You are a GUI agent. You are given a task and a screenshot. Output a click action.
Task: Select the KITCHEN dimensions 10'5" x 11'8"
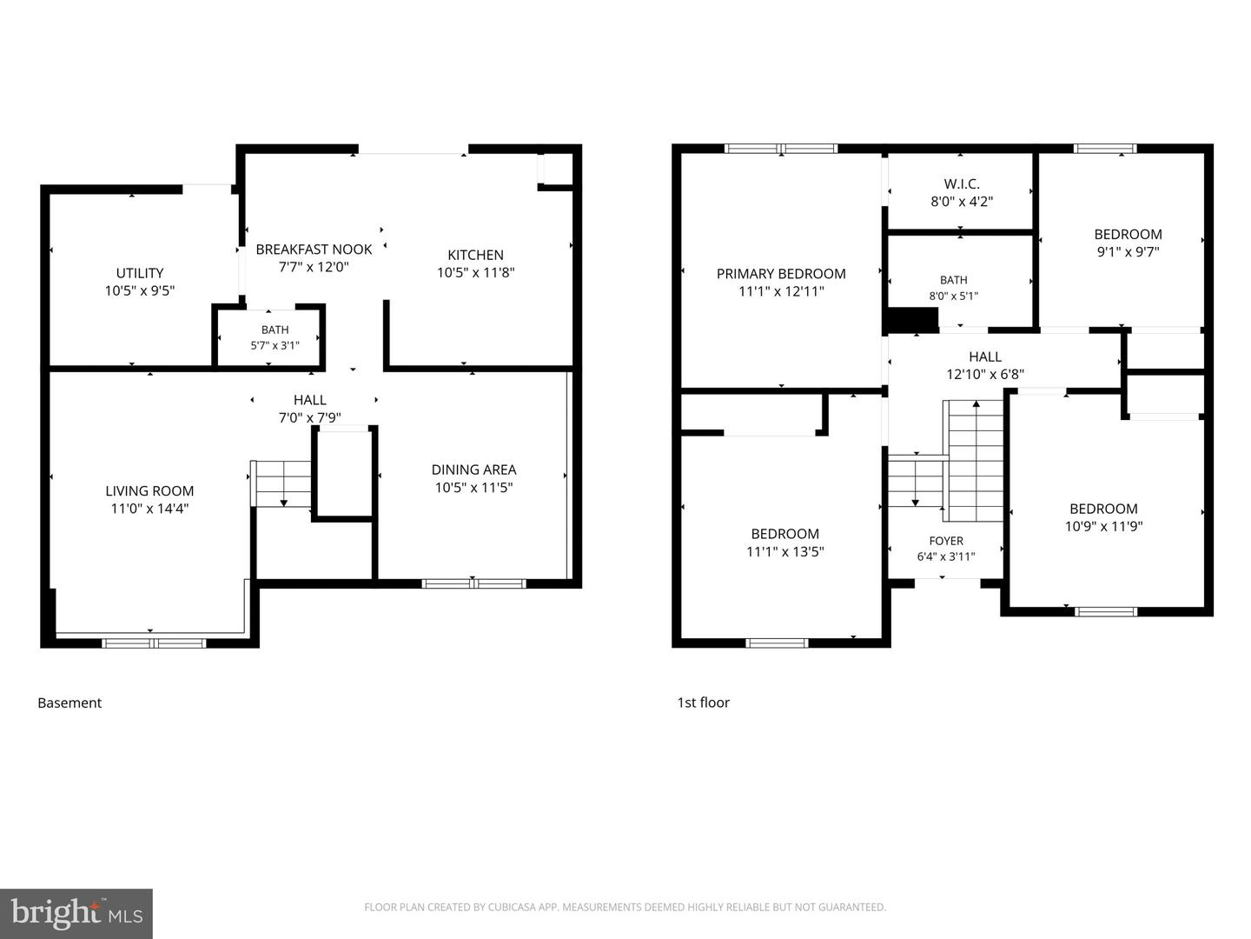[475, 272]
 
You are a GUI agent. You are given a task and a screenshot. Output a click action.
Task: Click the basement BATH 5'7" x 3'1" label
[275, 337]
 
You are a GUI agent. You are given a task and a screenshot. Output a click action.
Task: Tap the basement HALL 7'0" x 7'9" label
[309, 409]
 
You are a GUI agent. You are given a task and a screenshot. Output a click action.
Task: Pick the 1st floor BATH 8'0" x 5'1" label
[954, 288]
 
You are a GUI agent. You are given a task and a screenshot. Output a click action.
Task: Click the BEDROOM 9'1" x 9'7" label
[1128, 243]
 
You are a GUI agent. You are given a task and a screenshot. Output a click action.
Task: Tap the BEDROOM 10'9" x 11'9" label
[1103, 517]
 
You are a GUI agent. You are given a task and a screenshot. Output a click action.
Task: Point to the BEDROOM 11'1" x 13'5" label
[784, 543]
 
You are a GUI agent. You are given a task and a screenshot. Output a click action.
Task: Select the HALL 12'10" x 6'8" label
[985, 365]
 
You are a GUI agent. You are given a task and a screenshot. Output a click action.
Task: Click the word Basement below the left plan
[69, 703]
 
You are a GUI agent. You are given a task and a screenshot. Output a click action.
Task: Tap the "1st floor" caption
[704, 703]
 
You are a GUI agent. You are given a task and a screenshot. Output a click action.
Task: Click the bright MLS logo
[76, 914]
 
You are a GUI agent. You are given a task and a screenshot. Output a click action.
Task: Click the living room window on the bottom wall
[154, 643]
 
